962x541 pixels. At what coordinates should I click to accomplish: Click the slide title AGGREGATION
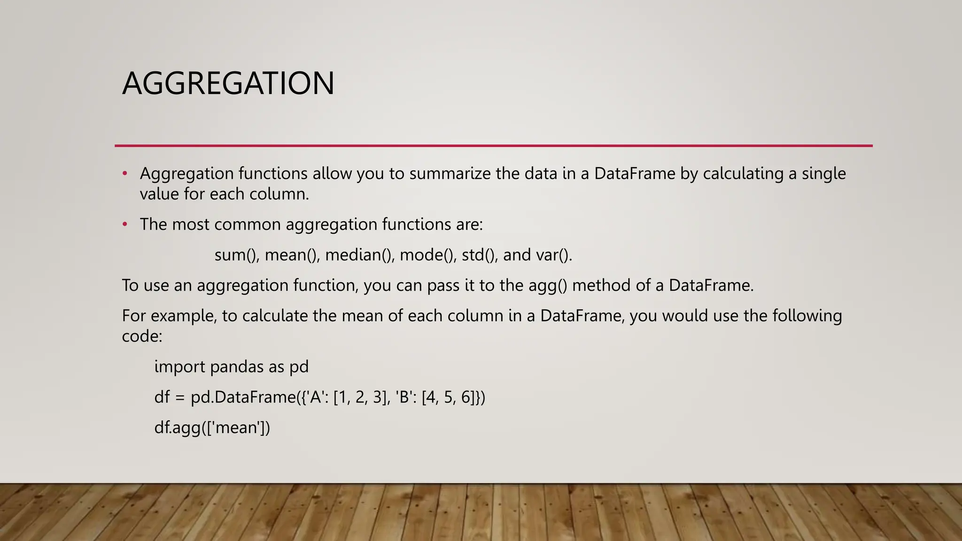point(228,83)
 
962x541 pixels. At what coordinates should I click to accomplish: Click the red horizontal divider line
point(493,146)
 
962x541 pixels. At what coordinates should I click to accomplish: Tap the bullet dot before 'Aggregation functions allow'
point(125,174)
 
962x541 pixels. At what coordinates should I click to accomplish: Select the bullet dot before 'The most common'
point(125,224)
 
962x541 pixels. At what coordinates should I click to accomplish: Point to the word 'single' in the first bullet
point(823,174)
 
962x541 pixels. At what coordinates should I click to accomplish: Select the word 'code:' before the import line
point(142,336)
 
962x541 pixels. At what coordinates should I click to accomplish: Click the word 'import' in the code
point(179,367)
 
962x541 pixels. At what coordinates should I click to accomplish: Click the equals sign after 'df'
point(180,398)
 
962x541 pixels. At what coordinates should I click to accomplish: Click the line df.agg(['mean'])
point(212,428)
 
